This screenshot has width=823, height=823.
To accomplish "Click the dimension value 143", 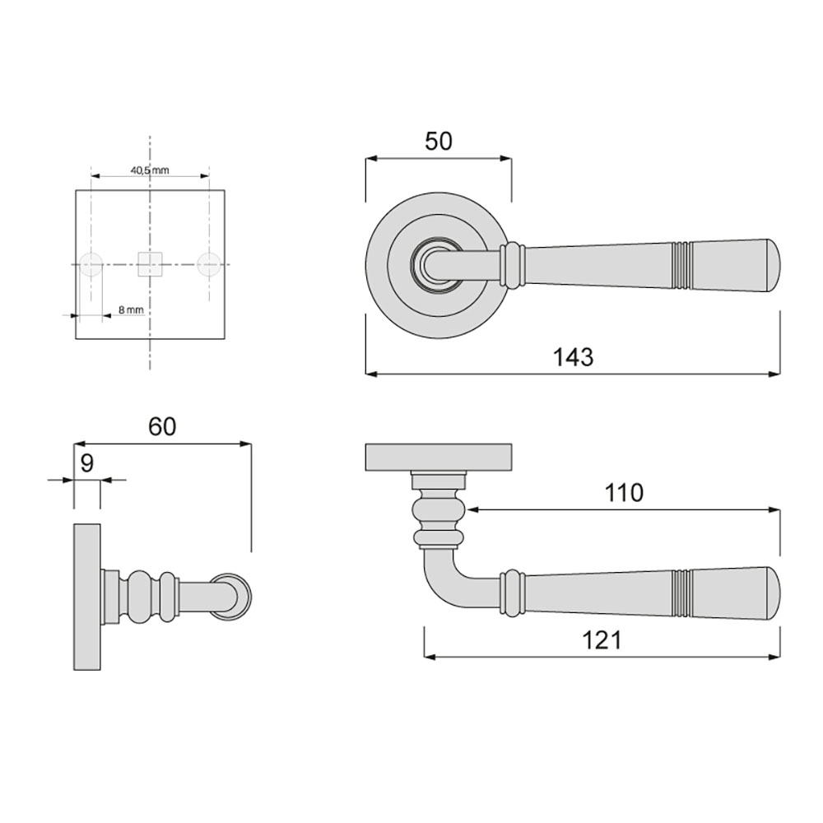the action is pyautogui.click(x=573, y=357).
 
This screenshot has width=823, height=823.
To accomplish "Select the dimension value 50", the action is pyautogui.click(x=439, y=142).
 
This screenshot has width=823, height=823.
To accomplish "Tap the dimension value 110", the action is pyautogui.click(x=624, y=493).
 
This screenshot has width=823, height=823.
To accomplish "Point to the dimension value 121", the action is pyautogui.click(x=602, y=640).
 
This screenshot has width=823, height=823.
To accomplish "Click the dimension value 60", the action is pyautogui.click(x=162, y=426).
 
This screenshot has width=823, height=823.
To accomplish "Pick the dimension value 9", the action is pyautogui.click(x=86, y=463).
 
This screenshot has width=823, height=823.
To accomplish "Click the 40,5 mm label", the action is pyautogui.click(x=150, y=170).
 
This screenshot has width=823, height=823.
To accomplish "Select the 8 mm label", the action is pyautogui.click(x=131, y=309).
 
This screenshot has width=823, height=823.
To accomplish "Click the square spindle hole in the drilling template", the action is pyautogui.click(x=150, y=264).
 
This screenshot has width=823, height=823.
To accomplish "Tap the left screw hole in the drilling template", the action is pyautogui.click(x=91, y=264).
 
